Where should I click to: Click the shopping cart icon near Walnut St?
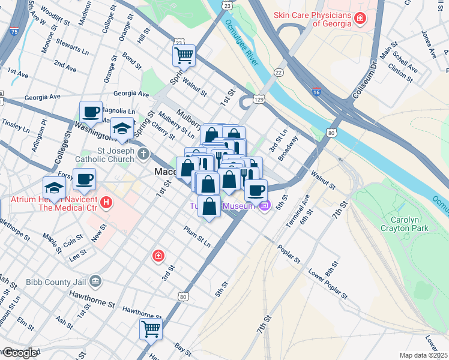[184, 56]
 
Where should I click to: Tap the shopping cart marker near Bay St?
[151, 328]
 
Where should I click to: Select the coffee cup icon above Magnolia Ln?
[91, 112]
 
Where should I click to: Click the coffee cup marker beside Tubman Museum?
[256, 190]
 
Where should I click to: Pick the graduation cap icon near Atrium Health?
[54, 187]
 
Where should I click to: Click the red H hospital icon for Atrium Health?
[106, 203]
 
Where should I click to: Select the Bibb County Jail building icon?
[95, 281]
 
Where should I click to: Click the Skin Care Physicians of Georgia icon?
[360, 19]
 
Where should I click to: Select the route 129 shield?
[259, 98]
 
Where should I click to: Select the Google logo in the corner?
[20, 353]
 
